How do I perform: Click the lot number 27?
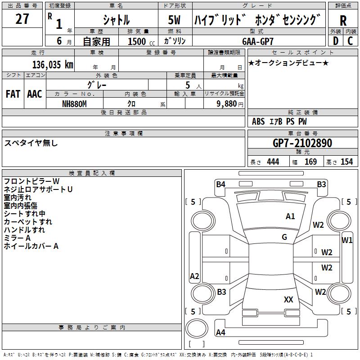point(22,19)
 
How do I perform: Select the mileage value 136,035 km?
point(53,65)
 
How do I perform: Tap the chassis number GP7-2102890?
point(302,143)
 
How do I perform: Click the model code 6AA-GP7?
point(258,41)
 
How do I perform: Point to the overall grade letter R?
point(343,21)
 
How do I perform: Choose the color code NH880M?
point(74,104)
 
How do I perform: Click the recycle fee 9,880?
point(227,104)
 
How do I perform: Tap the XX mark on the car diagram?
point(288,299)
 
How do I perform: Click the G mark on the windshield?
point(284,237)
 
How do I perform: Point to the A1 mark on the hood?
point(290,216)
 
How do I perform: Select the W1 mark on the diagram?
point(347,240)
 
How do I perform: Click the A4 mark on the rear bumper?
point(220,332)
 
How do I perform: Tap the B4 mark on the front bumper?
point(220,184)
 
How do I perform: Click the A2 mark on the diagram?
point(194,276)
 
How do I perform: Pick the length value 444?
point(273,162)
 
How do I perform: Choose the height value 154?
point(346,162)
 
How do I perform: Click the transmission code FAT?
point(13,94)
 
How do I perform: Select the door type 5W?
point(174,20)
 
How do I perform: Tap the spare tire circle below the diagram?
point(197,328)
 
